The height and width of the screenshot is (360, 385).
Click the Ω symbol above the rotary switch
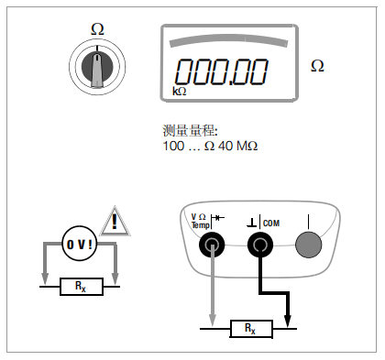point(97,29)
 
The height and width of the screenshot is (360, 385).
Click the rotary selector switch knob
point(97,67)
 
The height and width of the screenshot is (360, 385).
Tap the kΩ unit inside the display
point(180,91)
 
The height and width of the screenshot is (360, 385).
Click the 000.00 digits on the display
point(221,71)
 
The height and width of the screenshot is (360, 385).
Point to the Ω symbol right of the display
point(317,66)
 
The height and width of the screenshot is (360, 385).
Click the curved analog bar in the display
point(228,39)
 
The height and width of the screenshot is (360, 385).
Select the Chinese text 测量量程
point(189,131)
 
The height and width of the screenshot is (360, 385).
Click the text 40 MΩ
point(238,146)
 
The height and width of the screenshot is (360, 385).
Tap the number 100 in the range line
point(173,146)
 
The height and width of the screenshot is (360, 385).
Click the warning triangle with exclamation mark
point(115,222)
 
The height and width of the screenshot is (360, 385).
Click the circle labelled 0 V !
point(80,244)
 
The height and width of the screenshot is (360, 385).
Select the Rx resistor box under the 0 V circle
point(82,287)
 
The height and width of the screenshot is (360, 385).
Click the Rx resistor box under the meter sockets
point(251,329)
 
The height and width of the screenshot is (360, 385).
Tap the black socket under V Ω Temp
point(212,245)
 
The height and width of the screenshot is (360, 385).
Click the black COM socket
point(260,245)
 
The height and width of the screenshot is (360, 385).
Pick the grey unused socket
point(309,245)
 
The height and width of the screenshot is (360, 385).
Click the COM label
point(271,224)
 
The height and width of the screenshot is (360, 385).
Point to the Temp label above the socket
point(201,225)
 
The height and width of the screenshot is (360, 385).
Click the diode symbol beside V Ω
point(218,218)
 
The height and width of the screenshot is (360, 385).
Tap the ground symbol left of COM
point(252,223)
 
